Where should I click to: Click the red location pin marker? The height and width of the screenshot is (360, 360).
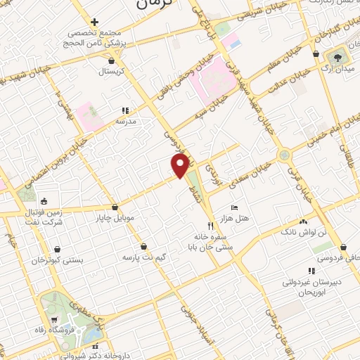pyautogui.click(x=180, y=166)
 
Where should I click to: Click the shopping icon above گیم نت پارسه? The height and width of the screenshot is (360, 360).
pyautogui.click(x=144, y=246)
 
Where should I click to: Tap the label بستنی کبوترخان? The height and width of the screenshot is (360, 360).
pyautogui.click(x=57, y=259)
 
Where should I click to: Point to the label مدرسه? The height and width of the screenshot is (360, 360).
pyautogui.click(x=125, y=121)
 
